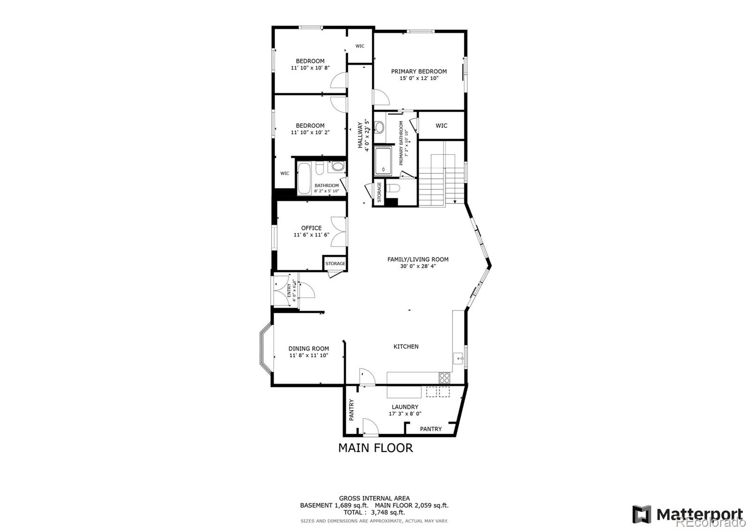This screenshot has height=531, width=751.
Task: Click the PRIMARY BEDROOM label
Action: [419, 71]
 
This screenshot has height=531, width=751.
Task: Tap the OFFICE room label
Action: [311, 228]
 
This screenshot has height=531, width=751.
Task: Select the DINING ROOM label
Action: [308, 349]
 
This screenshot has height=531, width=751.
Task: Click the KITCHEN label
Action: [406, 346]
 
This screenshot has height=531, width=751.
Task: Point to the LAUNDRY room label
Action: [405, 407]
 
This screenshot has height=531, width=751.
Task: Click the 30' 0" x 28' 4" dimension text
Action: [418, 266]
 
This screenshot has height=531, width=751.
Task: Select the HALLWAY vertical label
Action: [360, 135]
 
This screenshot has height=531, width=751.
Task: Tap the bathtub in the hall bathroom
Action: [304, 178]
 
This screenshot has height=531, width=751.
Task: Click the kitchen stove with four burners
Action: [444, 377]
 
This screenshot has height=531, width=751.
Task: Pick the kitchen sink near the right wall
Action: [459, 359]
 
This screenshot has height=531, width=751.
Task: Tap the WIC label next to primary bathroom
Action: [441, 125]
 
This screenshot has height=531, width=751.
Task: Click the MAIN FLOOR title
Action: [375, 448]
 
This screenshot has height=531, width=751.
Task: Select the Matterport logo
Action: [688, 514]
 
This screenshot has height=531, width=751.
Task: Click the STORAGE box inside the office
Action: [335, 263]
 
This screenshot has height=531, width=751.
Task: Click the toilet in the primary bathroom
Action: [393, 188]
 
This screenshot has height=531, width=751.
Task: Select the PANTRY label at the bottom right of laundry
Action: [430, 429]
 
